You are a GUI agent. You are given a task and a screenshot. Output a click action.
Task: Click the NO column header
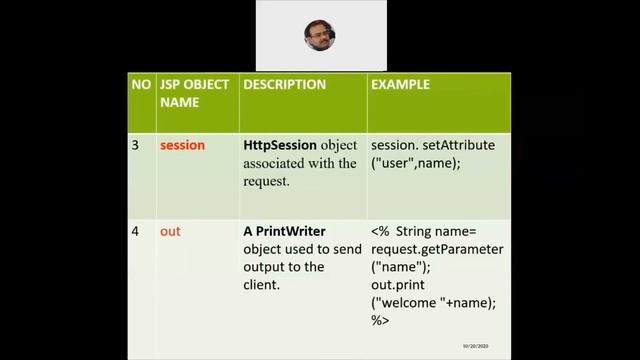click(141, 85)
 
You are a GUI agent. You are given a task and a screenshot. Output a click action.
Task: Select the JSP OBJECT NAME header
click(194, 93)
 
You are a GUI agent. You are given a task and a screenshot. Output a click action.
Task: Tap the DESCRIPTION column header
click(285, 85)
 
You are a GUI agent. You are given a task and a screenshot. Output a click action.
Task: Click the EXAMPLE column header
click(400, 85)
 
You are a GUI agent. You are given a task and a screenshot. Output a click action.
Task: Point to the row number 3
click(136, 145)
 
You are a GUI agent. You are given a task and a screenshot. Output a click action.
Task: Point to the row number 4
click(136, 231)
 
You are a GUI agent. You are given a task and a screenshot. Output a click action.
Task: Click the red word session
click(182, 145)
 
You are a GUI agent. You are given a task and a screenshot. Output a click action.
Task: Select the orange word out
click(170, 231)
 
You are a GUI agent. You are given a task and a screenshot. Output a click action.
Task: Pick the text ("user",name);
click(417, 163)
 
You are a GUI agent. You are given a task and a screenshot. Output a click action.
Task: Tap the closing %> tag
click(380, 321)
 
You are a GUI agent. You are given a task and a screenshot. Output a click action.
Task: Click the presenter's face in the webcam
click(320, 35)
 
